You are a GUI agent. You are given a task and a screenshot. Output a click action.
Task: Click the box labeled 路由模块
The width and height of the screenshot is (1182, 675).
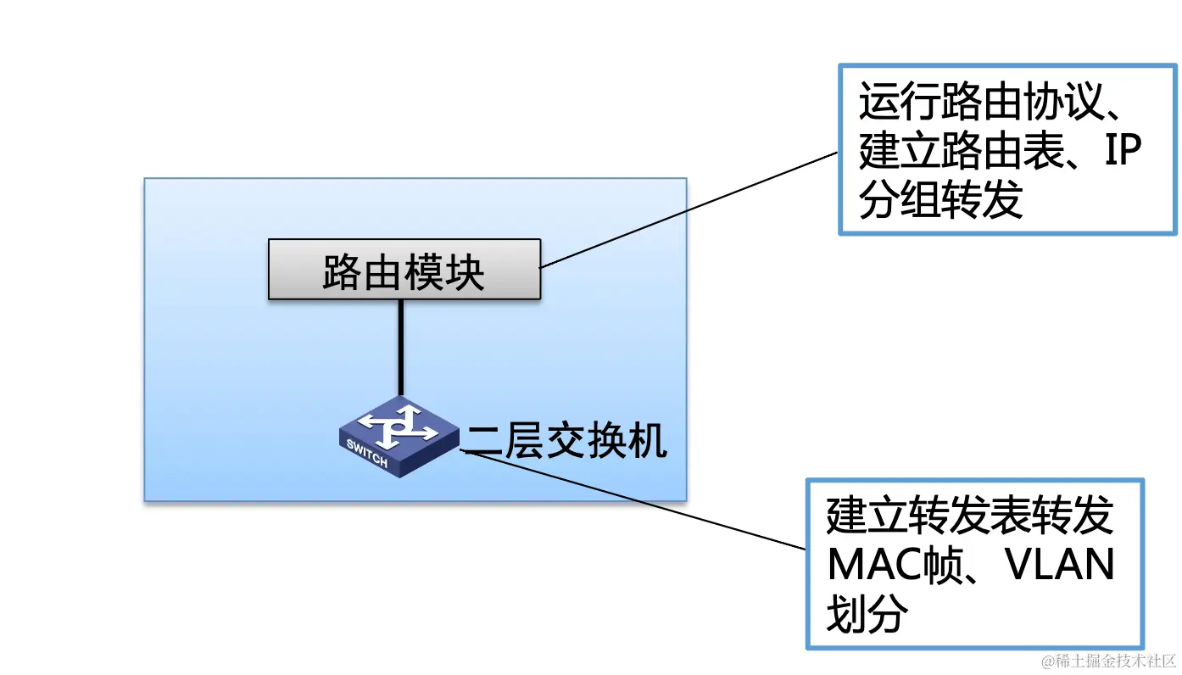tap(404, 270)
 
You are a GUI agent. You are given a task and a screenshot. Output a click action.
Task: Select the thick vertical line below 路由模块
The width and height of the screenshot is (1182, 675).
tap(400, 348)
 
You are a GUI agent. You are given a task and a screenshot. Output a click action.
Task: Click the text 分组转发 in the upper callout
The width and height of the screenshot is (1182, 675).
tap(941, 201)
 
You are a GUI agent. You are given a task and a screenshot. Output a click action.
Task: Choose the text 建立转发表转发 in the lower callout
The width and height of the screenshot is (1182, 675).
tap(970, 516)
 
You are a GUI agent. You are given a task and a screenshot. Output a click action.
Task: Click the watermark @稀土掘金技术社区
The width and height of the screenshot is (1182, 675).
tap(1109, 660)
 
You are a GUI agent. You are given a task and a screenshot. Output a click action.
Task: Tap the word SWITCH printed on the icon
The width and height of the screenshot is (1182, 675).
tap(368, 455)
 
